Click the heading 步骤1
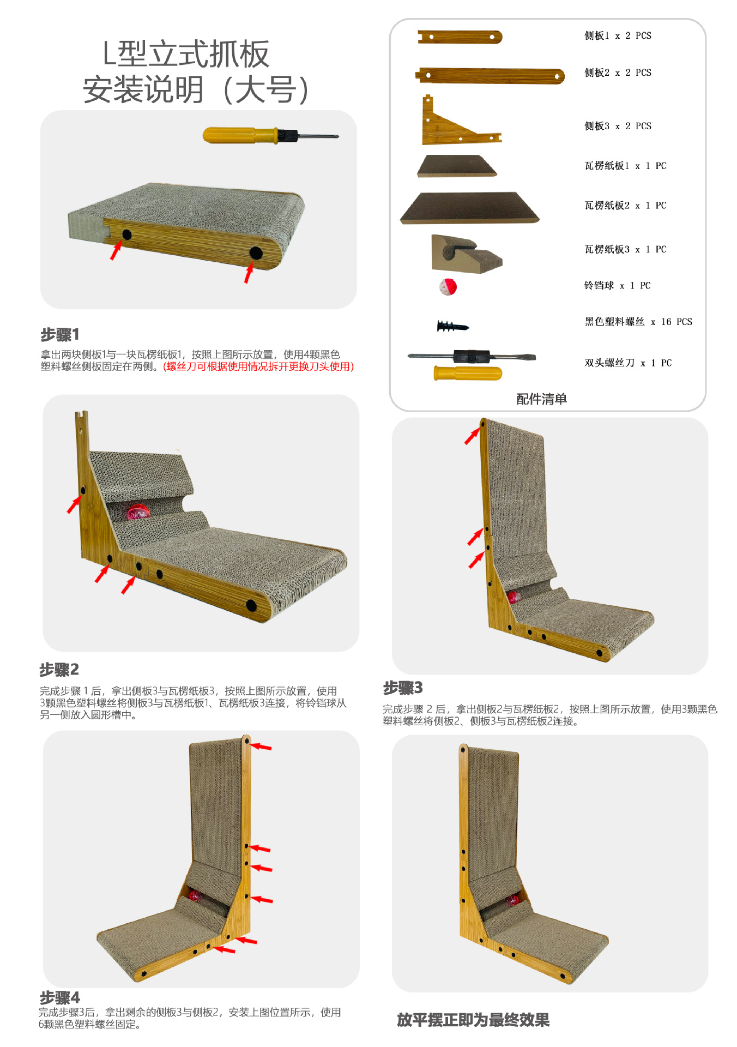click(60, 334)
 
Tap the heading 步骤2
click(59, 669)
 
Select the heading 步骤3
click(403, 688)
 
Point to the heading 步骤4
click(60, 998)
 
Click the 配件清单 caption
click(541, 399)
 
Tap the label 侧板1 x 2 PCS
click(618, 36)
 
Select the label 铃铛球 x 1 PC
click(617, 286)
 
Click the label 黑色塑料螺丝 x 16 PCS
click(638, 322)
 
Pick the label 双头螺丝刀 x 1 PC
click(628, 363)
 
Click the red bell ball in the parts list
click(448, 287)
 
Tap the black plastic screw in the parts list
click(452, 327)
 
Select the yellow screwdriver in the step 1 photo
click(270, 135)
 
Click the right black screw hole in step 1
click(256, 252)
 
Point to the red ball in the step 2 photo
click(137, 512)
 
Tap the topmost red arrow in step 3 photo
click(472, 436)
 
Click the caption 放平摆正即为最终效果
click(473, 1020)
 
